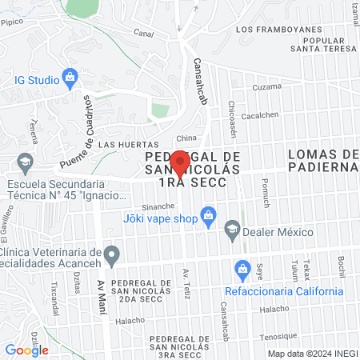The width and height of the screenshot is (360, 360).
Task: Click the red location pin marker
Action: [181, 162]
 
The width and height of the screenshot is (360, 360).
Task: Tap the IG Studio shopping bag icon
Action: [70, 78]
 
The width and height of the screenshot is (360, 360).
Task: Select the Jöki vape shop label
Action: [160, 218]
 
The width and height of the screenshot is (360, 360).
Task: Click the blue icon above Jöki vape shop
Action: [208, 214]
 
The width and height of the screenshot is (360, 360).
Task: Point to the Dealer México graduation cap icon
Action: [232, 230]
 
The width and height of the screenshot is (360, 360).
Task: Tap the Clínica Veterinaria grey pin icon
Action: [113, 256]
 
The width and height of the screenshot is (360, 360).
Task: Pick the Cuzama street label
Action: [267, 86]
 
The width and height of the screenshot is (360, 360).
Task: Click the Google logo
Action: [26, 350]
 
